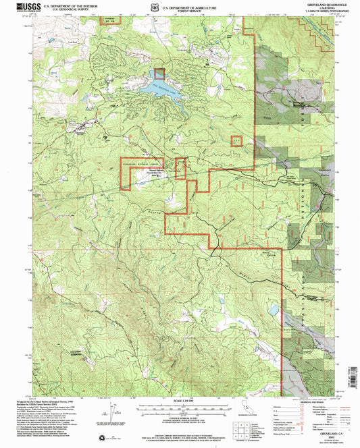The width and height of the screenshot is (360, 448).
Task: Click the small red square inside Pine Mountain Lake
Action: tap(159, 74)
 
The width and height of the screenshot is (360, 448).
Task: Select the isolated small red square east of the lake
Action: tap(236, 141)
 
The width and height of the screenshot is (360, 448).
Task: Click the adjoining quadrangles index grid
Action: tap(237, 431)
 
